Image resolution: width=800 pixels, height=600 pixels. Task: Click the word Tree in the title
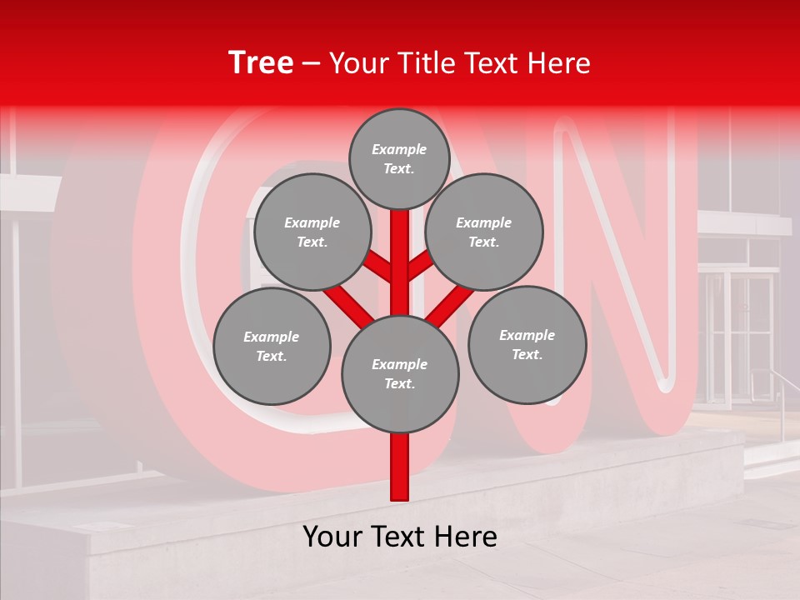[261, 63]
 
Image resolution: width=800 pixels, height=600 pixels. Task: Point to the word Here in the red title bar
[558, 63]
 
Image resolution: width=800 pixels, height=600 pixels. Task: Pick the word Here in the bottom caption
[466, 537]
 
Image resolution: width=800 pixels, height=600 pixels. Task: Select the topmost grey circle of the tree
[399, 158]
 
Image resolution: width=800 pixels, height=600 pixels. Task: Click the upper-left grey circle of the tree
[312, 232]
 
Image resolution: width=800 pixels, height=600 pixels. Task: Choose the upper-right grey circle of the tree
[484, 232]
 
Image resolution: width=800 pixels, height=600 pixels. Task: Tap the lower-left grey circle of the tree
[272, 346]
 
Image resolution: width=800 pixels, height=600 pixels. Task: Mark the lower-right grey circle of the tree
[527, 344]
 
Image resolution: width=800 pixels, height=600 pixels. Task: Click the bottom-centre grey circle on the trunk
[400, 374]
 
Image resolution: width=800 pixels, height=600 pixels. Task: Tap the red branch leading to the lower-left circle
[348, 305]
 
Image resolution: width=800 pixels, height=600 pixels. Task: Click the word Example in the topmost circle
[399, 150]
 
